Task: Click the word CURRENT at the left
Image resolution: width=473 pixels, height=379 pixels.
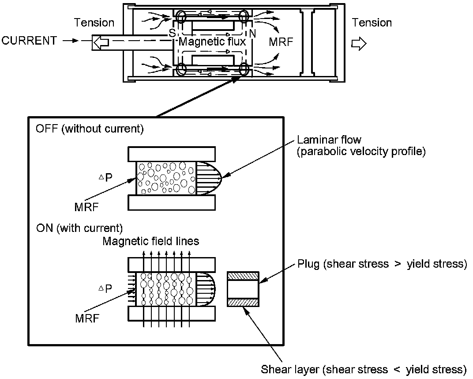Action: click(29, 41)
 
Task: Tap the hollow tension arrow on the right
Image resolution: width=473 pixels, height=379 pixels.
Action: click(359, 43)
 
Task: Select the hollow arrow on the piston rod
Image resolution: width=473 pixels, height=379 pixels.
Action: click(100, 42)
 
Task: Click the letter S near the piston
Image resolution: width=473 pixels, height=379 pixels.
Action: click(172, 33)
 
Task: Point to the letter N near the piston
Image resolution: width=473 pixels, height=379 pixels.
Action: click(252, 34)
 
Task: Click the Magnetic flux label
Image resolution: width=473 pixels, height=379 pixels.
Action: click(212, 42)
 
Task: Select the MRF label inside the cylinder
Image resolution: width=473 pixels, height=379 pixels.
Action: click(281, 42)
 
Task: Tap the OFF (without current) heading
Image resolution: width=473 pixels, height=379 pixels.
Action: click(90, 129)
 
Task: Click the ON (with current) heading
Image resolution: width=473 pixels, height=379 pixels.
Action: click(79, 228)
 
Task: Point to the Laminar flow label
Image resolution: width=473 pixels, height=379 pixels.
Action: click(329, 140)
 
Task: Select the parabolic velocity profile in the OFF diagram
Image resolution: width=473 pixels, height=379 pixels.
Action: click(209, 178)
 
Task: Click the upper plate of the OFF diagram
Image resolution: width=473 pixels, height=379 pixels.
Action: click(172, 154)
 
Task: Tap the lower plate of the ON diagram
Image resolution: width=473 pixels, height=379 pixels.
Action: click(172, 314)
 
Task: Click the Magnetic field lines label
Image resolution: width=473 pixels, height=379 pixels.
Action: click(151, 241)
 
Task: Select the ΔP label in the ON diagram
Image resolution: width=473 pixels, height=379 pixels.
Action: click(105, 288)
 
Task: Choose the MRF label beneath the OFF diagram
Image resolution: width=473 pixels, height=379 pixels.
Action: click(86, 207)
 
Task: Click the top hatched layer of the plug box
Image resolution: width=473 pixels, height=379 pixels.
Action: click(243, 276)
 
